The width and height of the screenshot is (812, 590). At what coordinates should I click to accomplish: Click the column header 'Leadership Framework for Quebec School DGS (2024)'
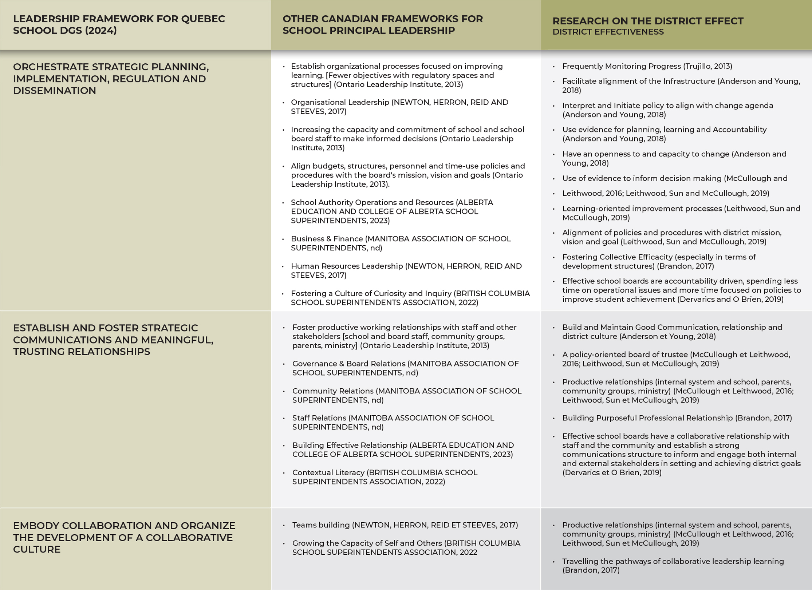[x=119, y=24]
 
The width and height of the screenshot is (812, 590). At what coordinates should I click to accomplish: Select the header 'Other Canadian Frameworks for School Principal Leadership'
[x=382, y=24]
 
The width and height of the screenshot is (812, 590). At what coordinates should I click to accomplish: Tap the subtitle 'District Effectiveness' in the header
[x=608, y=32]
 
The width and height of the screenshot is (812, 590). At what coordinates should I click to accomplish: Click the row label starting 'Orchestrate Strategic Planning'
[x=111, y=79]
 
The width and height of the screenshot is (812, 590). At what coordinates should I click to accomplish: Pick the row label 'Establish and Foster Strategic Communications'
[x=113, y=340]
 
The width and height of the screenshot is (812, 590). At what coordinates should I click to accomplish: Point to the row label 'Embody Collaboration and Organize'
[x=124, y=537]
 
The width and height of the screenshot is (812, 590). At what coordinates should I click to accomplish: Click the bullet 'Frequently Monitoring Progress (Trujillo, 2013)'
[x=647, y=66]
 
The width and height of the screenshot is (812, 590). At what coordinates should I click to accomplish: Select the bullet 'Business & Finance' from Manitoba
[x=401, y=243]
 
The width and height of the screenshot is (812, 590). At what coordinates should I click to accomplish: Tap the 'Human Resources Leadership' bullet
[x=406, y=270]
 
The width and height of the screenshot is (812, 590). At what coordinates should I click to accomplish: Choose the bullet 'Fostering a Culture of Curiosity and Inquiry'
[x=410, y=298]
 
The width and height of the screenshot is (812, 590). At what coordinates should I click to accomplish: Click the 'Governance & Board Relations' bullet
[x=405, y=368]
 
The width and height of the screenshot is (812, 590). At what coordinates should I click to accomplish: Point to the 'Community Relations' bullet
[x=407, y=395]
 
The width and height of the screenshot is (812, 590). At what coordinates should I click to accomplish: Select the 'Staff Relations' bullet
[x=393, y=422]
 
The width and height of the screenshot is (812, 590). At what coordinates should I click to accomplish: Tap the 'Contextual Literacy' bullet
[x=385, y=477]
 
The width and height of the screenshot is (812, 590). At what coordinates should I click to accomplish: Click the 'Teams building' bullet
[x=405, y=525]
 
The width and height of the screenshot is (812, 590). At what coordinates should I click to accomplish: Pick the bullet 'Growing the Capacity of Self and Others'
[x=406, y=547]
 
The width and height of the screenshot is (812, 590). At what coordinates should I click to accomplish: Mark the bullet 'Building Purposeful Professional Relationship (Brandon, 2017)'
[x=677, y=418]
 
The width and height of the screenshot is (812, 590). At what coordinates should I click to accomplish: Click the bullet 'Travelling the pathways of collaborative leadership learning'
[x=673, y=566]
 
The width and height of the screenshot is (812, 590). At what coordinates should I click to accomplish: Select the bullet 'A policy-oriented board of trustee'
[x=676, y=359]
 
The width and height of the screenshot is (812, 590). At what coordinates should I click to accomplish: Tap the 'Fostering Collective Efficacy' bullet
[x=659, y=261]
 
